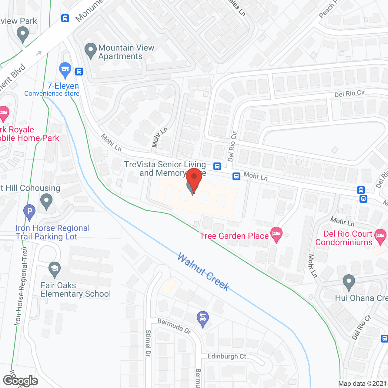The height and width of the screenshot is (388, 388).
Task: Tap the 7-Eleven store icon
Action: click(65, 70)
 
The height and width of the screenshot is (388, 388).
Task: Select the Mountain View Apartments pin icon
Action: click(90, 51)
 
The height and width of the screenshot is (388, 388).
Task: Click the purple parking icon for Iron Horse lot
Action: click(29, 211)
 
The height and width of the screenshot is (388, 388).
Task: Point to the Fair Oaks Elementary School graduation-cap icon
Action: click(55, 269)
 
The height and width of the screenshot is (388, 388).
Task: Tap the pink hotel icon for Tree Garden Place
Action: click(276, 234)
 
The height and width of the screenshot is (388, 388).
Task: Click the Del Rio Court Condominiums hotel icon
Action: click(380, 236)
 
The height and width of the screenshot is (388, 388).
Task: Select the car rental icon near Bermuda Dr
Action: click(203, 319)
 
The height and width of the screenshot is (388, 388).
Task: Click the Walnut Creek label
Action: click(203, 272)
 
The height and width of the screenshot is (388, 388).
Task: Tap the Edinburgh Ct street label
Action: click(227, 356)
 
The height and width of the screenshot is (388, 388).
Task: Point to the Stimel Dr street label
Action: click(148, 343)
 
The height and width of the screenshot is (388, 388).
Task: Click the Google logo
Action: click(20, 381)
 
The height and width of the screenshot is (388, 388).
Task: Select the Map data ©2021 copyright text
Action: click(363, 384)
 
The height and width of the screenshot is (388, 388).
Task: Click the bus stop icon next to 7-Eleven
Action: click(79, 72)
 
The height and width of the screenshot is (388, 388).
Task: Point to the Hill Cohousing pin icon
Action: click(46, 201)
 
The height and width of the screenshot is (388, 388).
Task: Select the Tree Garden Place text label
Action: click(234, 236)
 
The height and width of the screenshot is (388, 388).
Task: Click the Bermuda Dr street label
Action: click(174, 326)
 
